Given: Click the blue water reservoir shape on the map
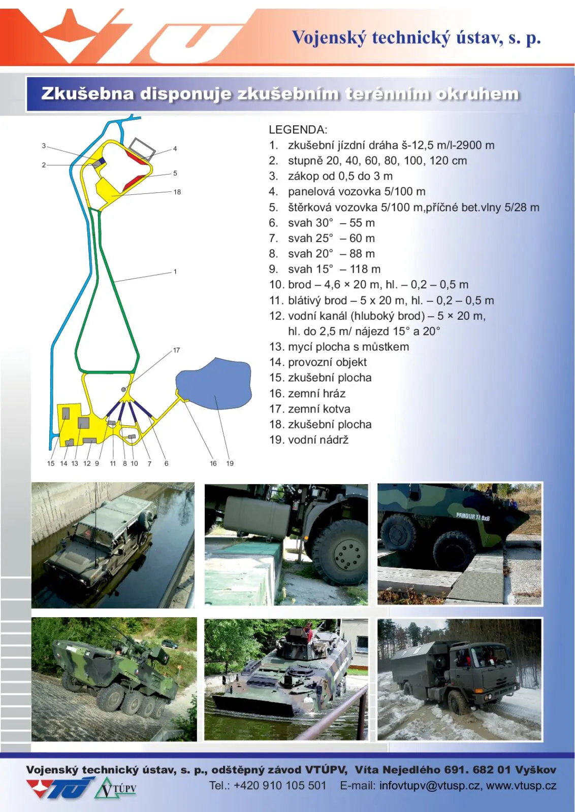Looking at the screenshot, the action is [214, 384].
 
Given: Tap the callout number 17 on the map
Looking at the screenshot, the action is [176, 350].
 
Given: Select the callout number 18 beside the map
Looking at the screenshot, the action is [177, 192].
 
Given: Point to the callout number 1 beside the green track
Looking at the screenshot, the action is [175, 272].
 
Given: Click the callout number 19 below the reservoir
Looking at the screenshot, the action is [230, 463].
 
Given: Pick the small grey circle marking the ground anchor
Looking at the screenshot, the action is [123, 389].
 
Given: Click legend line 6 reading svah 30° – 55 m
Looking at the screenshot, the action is [322, 223].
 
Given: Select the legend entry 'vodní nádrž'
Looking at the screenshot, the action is [318, 439].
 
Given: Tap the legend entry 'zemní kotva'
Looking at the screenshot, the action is [319, 409].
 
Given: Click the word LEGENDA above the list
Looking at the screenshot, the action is [298, 129].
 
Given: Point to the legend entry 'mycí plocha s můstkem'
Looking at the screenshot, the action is [348, 347].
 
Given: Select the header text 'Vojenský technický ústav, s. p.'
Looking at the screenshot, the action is [417, 38].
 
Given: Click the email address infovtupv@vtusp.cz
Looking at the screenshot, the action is [430, 786].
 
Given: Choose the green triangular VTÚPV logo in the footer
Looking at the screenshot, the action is [115, 788].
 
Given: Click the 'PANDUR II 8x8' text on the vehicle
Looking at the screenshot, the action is [473, 517].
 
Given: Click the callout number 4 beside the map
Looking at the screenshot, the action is [175, 149].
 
